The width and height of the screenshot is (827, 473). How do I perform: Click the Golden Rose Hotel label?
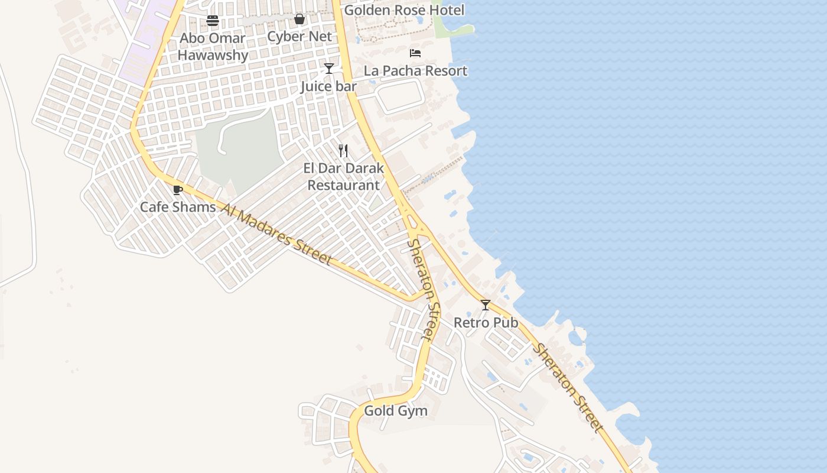pos(404,10)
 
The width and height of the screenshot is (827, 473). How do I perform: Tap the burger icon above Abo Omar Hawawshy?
pos(213,21)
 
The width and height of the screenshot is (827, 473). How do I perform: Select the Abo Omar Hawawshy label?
pos(213,47)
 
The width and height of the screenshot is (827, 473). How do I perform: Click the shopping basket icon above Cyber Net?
pos(299,20)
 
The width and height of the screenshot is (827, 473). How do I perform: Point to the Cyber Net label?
pos(299,36)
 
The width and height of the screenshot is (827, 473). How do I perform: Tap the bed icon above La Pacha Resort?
pos(415,53)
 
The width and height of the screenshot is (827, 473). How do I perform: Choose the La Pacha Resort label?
pos(415,71)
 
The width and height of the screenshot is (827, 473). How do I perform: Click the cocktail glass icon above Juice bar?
pos(329,69)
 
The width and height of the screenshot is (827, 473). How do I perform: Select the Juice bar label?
pos(328,86)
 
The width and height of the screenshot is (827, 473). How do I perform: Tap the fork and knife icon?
pos(343,151)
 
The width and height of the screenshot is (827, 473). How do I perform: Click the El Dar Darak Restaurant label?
pos(344,176)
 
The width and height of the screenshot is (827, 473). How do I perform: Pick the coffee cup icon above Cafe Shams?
pos(177,190)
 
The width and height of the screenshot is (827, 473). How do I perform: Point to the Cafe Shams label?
pos(178,207)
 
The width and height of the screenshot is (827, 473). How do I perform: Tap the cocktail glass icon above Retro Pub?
pos(486,305)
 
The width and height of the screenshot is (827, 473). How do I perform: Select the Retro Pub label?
pos(486,323)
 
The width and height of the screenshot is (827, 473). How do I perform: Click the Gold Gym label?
pos(395,410)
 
